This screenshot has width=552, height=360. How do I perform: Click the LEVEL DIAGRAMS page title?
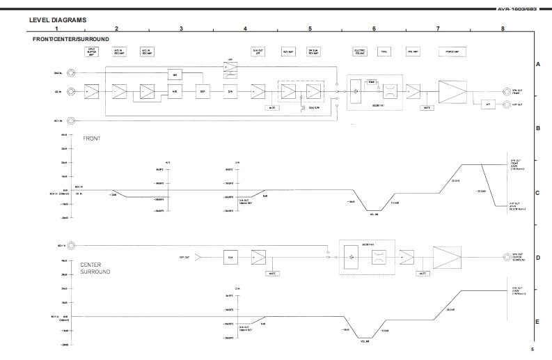click(x=58, y=20)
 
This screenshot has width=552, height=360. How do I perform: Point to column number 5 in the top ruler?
click(x=310, y=28)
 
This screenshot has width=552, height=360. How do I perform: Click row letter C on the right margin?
click(x=538, y=193)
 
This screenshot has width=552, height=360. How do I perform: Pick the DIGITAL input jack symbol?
click(x=70, y=72)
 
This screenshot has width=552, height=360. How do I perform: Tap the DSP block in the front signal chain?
click(x=203, y=91)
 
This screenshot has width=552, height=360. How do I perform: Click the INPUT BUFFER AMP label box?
click(x=92, y=51)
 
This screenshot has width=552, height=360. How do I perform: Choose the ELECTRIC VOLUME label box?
click(x=360, y=51)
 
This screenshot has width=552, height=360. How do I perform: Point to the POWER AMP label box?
click(x=452, y=51)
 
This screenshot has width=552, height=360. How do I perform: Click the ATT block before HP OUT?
click(x=487, y=104)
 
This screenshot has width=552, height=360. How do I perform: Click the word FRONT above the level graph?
click(x=93, y=139)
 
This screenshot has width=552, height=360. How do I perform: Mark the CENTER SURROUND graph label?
click(x=95, y=268)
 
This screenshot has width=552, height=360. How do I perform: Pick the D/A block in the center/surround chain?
click(x=230, y=257)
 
